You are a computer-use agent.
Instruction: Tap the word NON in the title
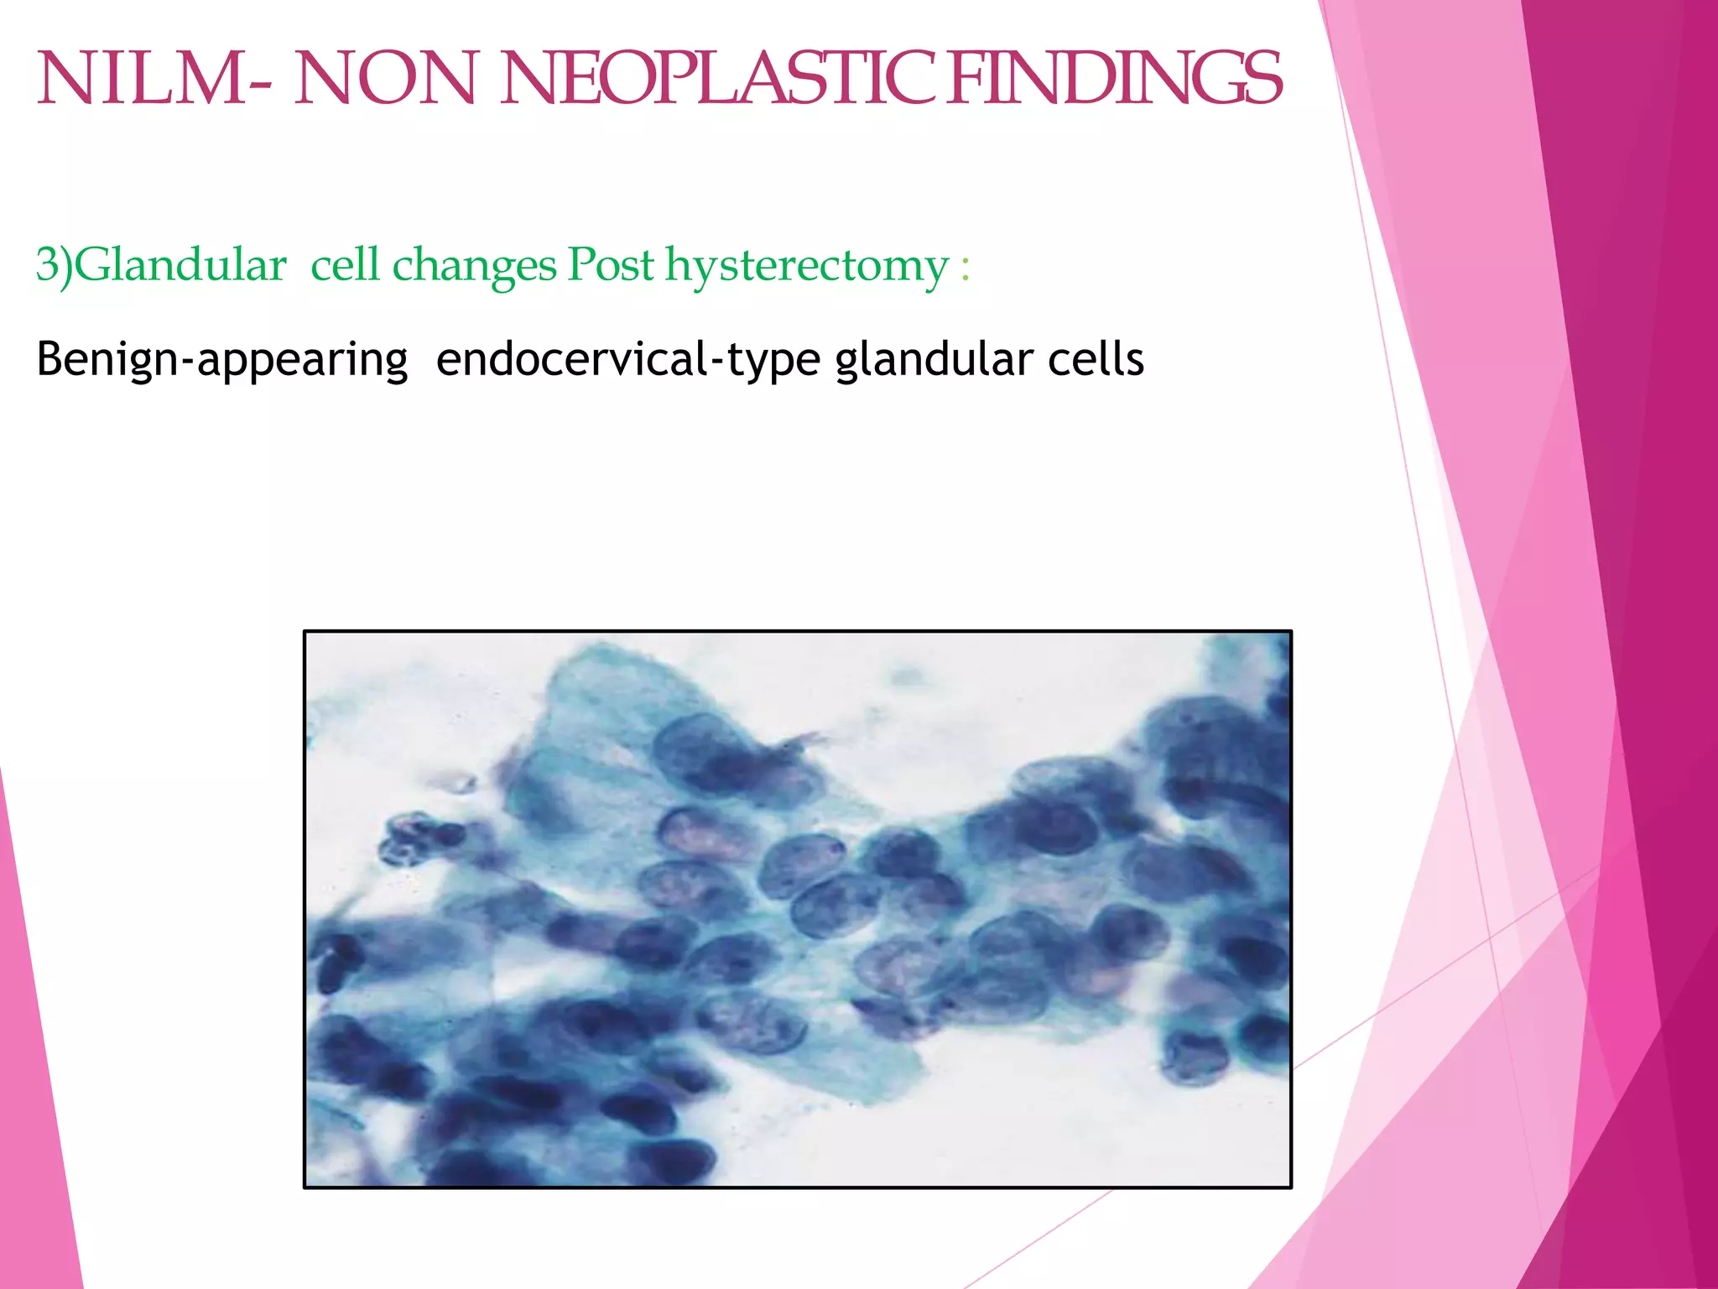tap(385, 80)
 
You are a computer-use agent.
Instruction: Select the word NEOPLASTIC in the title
tap(717, 80)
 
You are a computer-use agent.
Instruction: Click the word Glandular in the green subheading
tap(180, 265)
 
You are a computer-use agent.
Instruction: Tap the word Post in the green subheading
tap(610, 265)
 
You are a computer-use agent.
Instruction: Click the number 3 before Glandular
tap(46, 265)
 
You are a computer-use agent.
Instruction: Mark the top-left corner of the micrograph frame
tap(305, 631)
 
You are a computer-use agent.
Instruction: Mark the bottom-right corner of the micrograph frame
tap(1290, 1187)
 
